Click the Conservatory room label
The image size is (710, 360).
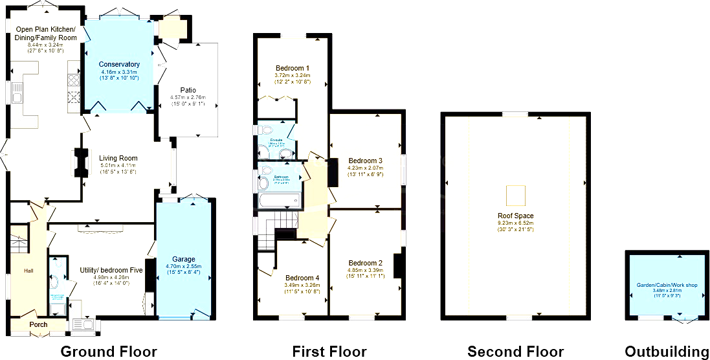[x=119, y=64]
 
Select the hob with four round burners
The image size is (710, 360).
[x=73, y=81]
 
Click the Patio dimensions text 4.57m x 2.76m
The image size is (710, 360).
[x=188, y=97]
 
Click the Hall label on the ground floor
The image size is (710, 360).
[x=28, y=271]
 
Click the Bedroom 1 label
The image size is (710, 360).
[x=292, y=68]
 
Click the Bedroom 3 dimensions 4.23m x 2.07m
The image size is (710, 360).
[x=365, y=168]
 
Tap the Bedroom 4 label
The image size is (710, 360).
[x=302, y=278]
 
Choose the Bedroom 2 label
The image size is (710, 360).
[x=365, y=263]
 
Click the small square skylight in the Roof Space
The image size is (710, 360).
[x=515, y=194]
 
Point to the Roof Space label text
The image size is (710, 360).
[x=515, y=216]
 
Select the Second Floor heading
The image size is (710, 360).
[x=515, y=352]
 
